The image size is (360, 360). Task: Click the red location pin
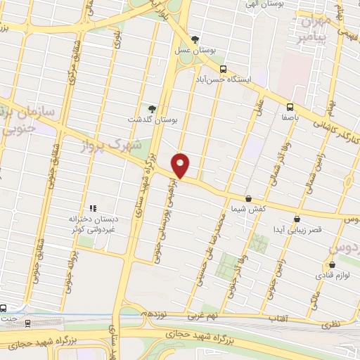181,165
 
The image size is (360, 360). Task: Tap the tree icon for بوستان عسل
195,39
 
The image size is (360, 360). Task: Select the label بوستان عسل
195,51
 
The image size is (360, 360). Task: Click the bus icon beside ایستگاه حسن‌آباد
223,69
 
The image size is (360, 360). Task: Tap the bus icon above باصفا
290,107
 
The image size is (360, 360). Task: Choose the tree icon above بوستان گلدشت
152,108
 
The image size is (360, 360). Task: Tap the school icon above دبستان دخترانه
92,208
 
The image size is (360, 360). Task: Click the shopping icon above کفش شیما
248,199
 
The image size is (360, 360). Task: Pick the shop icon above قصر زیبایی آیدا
297,219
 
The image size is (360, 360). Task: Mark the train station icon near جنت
27,323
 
